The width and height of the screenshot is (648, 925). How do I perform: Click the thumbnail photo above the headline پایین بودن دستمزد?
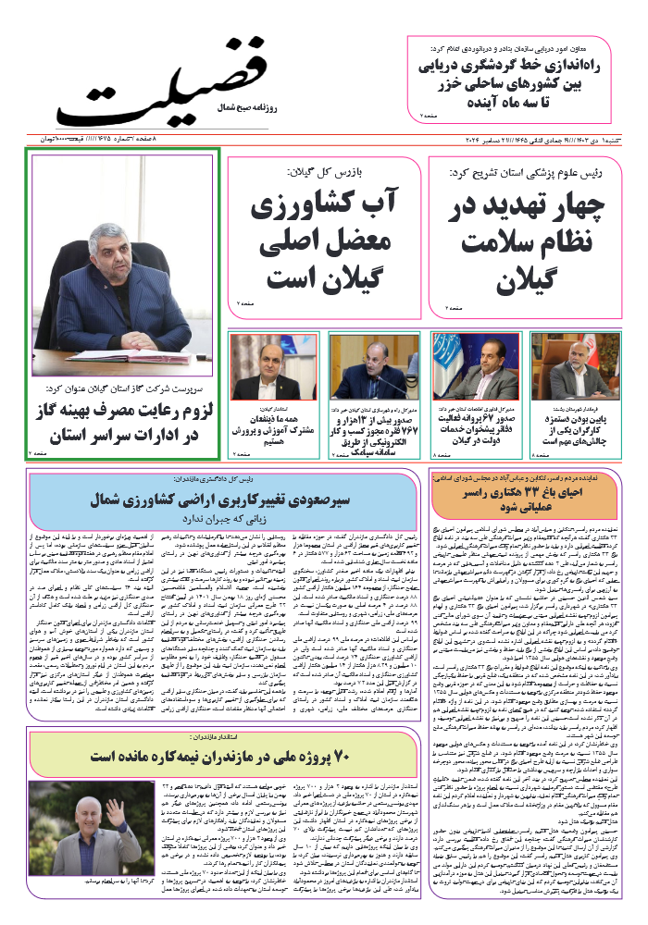pos(583,366)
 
